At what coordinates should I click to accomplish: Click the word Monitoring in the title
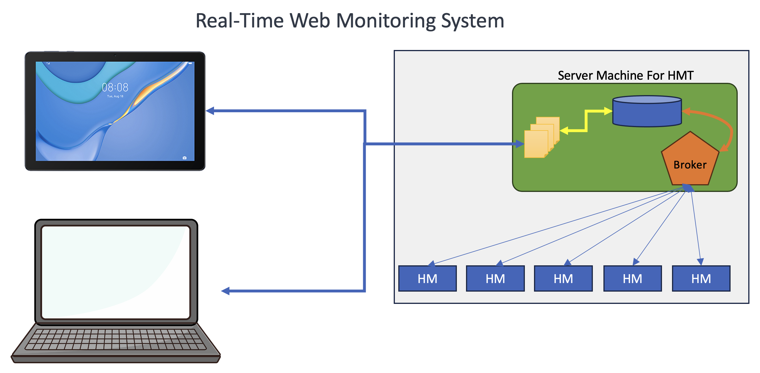tap(386, 21)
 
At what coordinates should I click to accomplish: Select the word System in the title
tap(472, 21)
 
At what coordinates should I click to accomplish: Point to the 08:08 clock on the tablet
tap(115, 87)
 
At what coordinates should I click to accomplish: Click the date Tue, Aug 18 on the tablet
tap(115, 97)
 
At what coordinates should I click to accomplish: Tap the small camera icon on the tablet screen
tap(184, 158)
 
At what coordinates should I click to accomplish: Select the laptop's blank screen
tap(116, 272)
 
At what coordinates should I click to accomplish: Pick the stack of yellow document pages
tap(541, 138)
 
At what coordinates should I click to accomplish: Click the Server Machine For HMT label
tap(625, 75)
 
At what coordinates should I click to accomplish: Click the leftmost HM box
tap(427, 278)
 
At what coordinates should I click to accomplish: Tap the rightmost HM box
tap(701, 278)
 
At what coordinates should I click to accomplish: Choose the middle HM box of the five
tap(563, 278)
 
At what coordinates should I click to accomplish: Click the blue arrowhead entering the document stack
tap(520, 144)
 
